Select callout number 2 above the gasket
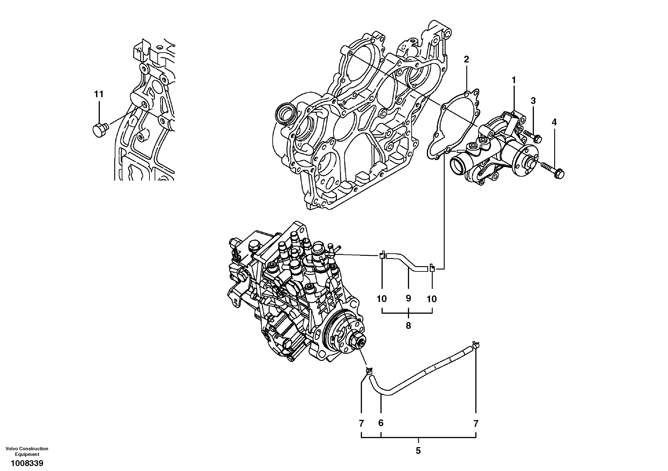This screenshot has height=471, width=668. [x=466, y=60]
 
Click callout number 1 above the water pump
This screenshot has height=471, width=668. [x=514, y=80]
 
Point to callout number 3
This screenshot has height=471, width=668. [x=533, y=101]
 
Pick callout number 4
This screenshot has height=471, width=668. [x=554, y=122]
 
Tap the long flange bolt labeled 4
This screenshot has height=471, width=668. [x=553, y=170]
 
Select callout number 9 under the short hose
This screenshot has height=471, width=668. [x=408, y=298]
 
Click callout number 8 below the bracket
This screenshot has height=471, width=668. [x=408, y=326]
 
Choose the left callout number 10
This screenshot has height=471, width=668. [x=382, y=299]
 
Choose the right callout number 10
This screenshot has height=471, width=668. [x=432, y=299]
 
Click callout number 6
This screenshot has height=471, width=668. [x=381, y=423]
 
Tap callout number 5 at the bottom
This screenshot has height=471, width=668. [x=418, y=451]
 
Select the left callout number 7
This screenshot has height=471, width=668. [x=361, y=424]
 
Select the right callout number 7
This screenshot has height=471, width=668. [x=476, y=424]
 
